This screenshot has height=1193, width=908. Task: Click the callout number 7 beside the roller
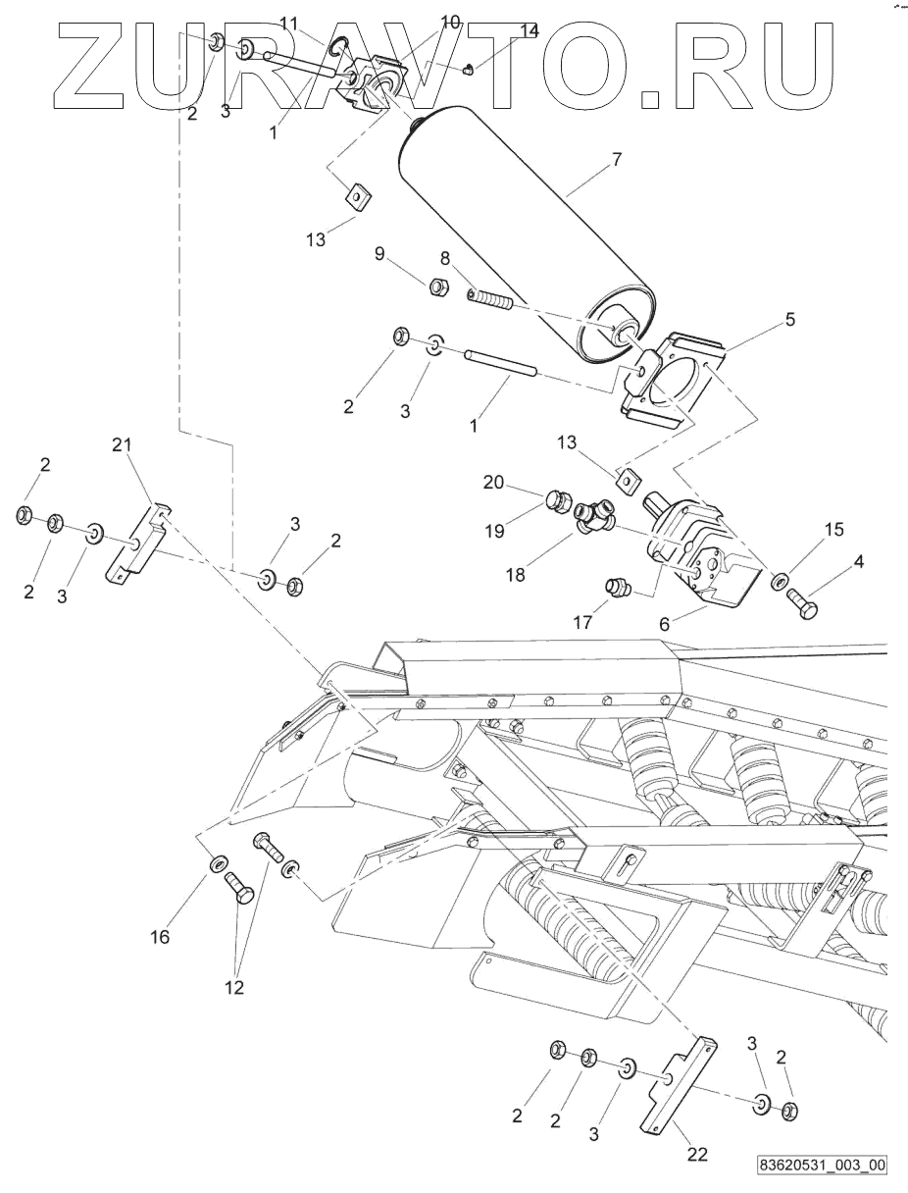pyautogui.click(x=616, y=160)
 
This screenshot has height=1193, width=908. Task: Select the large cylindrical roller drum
pyautogui.click(x=528, y=234)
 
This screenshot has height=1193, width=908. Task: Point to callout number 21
pyautogui.click(x=122, y=445)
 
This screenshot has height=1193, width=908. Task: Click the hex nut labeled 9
pyautogui.click(x=438, y=286)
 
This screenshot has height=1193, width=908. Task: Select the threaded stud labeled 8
pyautogui.click(x=488, y=300)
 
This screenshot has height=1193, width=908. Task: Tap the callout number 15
pyautogui.click(x=834, y=529)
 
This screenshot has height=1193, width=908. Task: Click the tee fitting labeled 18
pyautogui.click(x=593, y=518)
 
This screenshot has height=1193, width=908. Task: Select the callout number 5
pyautogui.click(x=790, y=319)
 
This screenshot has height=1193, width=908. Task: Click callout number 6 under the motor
pyautogui.click(x=665, y=625)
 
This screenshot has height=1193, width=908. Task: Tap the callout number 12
pyautogui.click(x=234, y=987)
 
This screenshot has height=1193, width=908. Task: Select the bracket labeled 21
pyautogui.click(x=138, y=544)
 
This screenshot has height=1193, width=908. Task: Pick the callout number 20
pyautogui.click(x=493, y=482)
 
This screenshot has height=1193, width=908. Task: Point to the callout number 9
pyautogui.click(x=379, y=253)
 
